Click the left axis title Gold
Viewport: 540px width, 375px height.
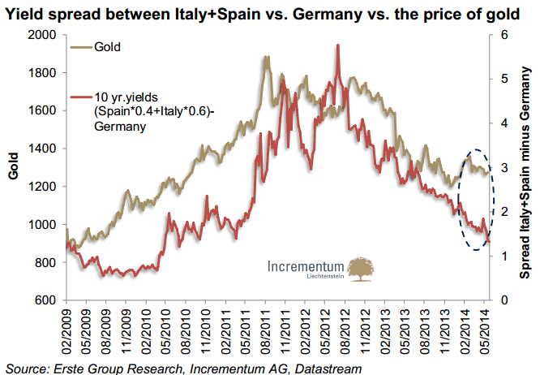point(13,167)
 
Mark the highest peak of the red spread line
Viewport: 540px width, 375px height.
point(336,45)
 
